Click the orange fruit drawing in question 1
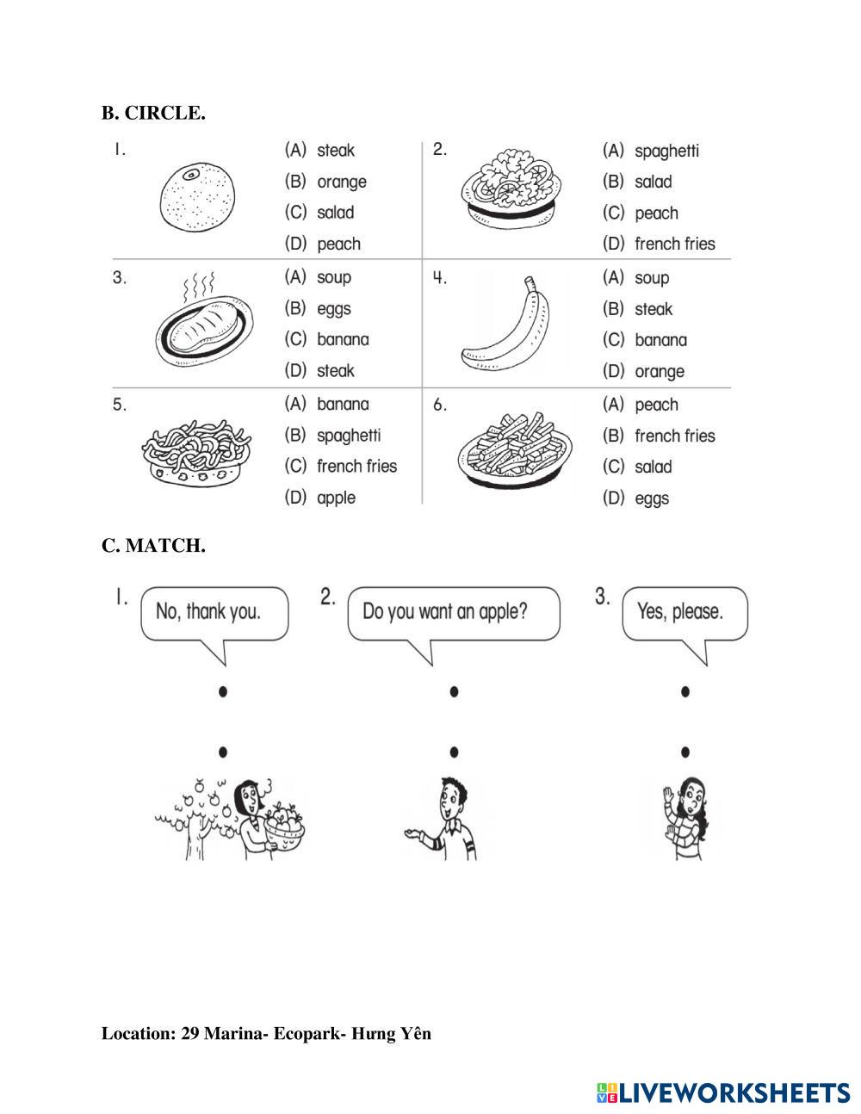(x=197, y=196)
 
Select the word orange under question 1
(x=341, y=182)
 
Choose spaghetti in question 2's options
(x=666, y=151)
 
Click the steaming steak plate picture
(x=205, y=325)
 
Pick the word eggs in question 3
(x=333, y=308)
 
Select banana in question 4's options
(x=660, y=340)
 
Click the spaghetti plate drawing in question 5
(x=196, y=449)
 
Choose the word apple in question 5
(x=336, y=498)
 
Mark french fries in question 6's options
(x=674, y=436)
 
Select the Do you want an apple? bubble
(x=453, y=613)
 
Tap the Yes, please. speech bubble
(x=684, y=613)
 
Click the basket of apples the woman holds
(x=284, y=826)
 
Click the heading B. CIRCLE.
(x=153, y=113)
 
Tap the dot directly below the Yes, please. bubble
(x=684, y=691)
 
